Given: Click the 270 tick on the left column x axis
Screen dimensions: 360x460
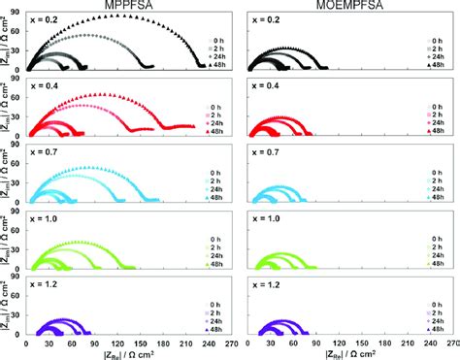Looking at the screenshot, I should click(238, 342).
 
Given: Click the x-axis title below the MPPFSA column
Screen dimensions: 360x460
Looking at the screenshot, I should click(131, 353).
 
